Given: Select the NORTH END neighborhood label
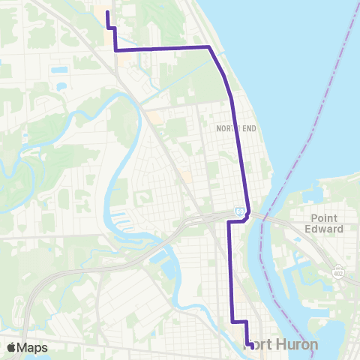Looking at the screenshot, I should click(235, 129).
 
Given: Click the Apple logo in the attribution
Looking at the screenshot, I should click(11, 347).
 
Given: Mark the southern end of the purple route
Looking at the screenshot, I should click(248, 346).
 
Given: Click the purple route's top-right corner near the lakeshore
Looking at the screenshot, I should click(209, 47).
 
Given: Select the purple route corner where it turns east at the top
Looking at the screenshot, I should click(115, 49).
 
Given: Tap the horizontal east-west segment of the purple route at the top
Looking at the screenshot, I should click(161, 49).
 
